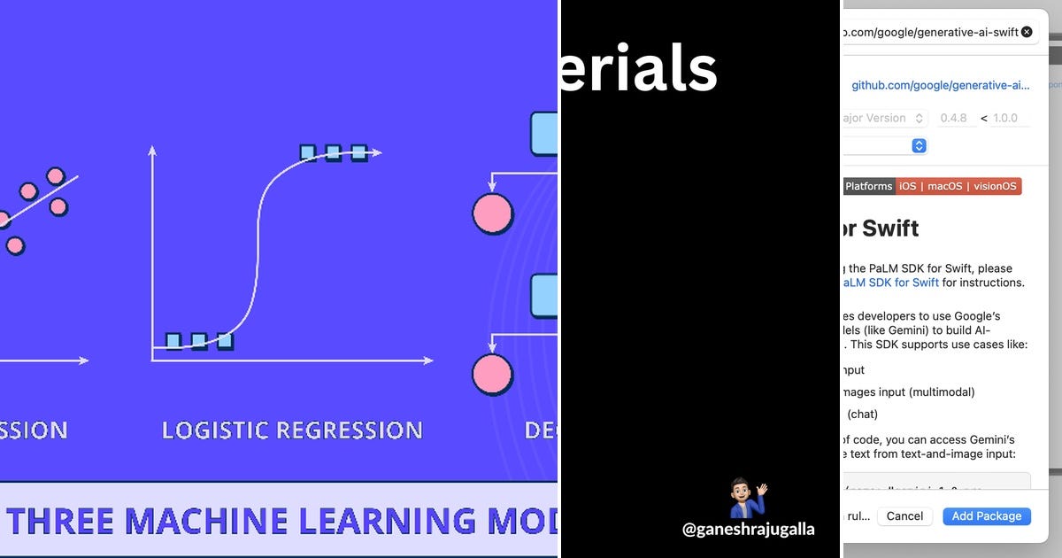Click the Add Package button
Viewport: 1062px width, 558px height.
coord(986,516)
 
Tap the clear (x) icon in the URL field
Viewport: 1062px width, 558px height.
coord(1027,32)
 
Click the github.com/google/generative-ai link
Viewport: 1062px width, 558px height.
coord(941,86)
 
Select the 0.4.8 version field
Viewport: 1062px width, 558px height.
coord(953,118)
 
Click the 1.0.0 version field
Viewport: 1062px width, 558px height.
coord(1005,118)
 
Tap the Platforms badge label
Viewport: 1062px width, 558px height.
coord(868,186)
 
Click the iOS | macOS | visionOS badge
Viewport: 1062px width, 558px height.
coord(958,186)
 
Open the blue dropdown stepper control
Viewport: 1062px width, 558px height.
coord(919,145)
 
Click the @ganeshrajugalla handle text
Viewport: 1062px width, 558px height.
coord(748,530)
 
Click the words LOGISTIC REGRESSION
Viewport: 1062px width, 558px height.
coord(292,431)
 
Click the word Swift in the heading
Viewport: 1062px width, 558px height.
coord(890,229)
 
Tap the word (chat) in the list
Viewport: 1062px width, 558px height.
coord(862,414)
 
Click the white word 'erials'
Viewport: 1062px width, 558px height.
coord(639,69)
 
